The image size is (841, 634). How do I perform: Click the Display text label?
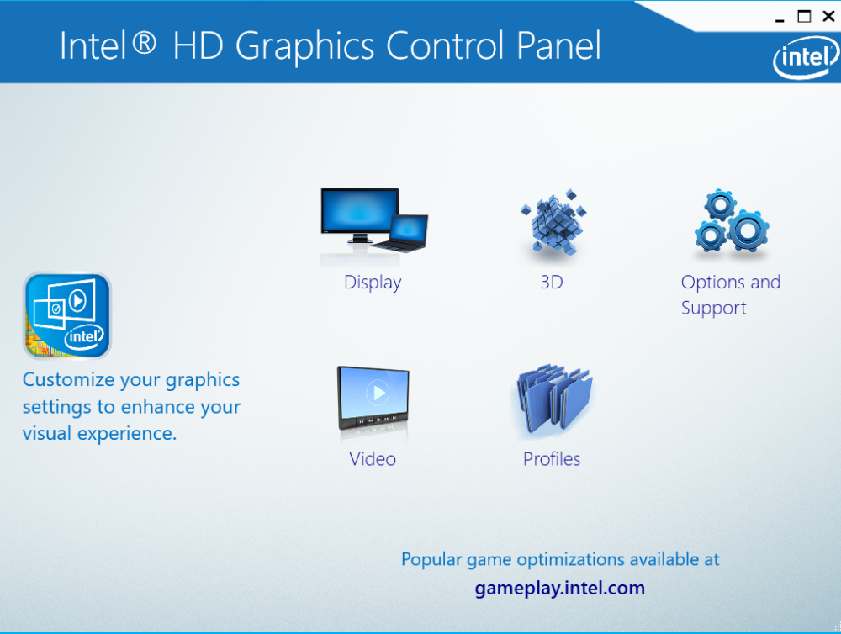373,283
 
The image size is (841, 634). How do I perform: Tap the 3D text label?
552,283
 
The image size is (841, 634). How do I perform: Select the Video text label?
373,459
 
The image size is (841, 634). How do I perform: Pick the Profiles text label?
552,459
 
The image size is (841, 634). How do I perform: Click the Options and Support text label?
730,295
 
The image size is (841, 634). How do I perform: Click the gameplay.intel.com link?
559,588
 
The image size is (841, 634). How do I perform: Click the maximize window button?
804,17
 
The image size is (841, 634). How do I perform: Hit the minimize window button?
781,17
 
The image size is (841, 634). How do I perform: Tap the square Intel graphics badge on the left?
67,316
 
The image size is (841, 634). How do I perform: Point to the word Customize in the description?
68,380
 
